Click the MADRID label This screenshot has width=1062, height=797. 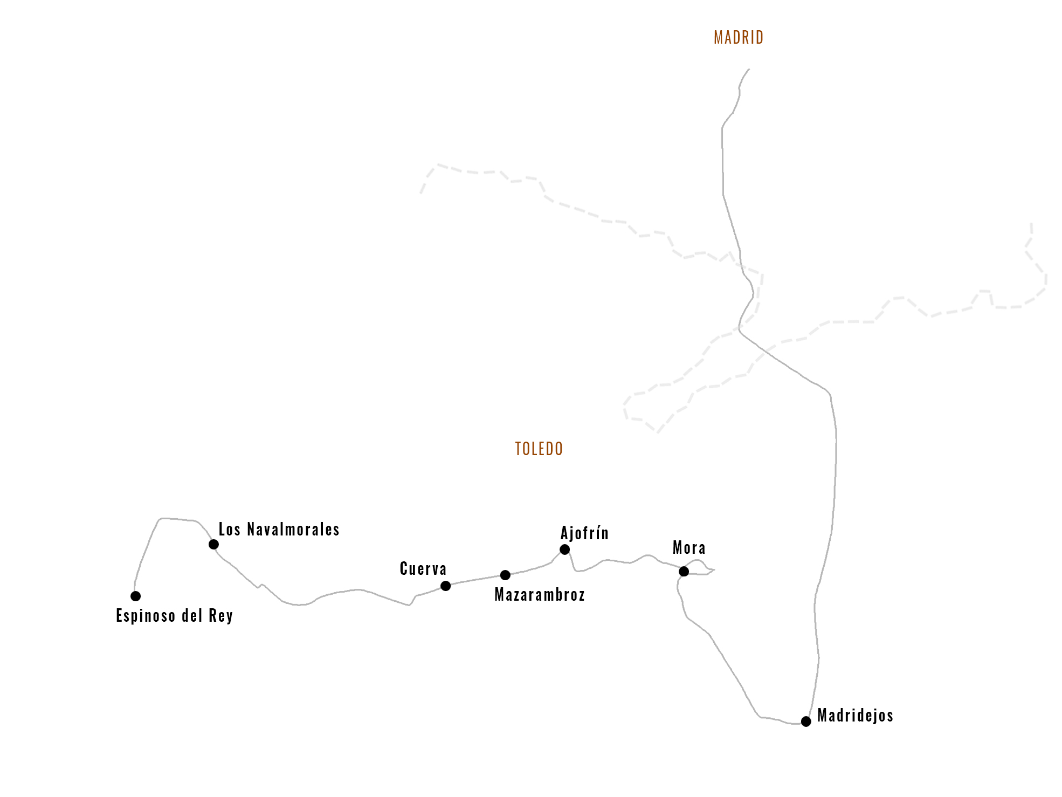739,37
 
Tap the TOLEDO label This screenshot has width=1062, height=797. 539,449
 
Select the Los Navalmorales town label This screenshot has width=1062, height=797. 279,530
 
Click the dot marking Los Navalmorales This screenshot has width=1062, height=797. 213,544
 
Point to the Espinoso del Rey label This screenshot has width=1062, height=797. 174,616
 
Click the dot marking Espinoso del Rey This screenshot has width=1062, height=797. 135,596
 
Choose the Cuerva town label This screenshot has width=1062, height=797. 423,569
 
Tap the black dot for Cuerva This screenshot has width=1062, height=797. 445,586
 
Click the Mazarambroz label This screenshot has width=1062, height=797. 539,595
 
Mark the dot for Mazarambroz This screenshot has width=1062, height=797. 505,575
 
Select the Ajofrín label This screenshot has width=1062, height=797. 584,533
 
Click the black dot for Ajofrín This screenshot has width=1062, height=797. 564,549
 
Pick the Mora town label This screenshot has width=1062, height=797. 689,548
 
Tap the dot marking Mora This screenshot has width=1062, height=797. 684,571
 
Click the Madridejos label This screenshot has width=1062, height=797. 855,716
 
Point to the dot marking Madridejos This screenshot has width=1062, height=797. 806,722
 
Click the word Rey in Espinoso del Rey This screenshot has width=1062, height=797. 220,616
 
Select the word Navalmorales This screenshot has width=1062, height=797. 293,530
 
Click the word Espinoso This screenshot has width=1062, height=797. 146,616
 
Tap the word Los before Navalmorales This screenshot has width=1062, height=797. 229,530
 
